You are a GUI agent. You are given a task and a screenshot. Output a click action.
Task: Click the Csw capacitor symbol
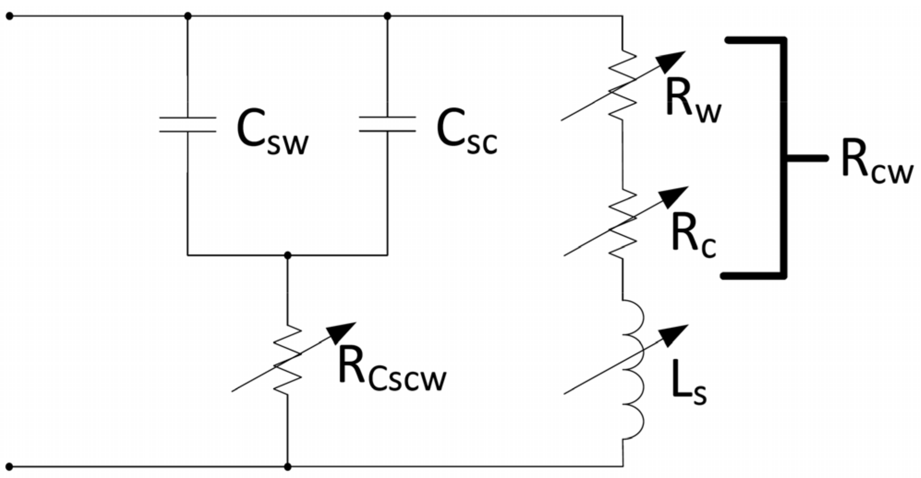pyautogui.click(x=188, y=125)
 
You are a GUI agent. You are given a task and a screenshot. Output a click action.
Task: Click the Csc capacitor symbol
pyautogui.click(x=387, y=124)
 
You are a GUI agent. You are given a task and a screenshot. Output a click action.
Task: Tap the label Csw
pyautogui.click(x=272, y=132)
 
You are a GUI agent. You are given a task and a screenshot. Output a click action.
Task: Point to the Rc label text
pyautogui.click(x=693, y=236)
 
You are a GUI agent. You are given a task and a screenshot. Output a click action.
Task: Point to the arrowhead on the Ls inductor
pyautogui.click(x=675, y=334)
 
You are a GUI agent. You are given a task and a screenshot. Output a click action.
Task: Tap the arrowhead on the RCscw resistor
pyautogui.click(x=342, y=331)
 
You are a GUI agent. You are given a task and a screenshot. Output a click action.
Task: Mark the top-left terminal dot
pyautogui.click(x=10, y=17)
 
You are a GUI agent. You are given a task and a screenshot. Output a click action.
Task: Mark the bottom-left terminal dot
pyautogui.click(x=10, y=467)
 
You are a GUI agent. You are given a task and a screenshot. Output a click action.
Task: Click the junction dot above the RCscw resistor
pyautogui.click(x=288, y=255)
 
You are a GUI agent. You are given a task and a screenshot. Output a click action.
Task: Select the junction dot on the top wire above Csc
pyautogui.click(x=387, y=17)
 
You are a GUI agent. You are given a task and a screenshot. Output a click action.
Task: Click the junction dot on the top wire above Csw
pyautogui.click(x=188, y=17)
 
